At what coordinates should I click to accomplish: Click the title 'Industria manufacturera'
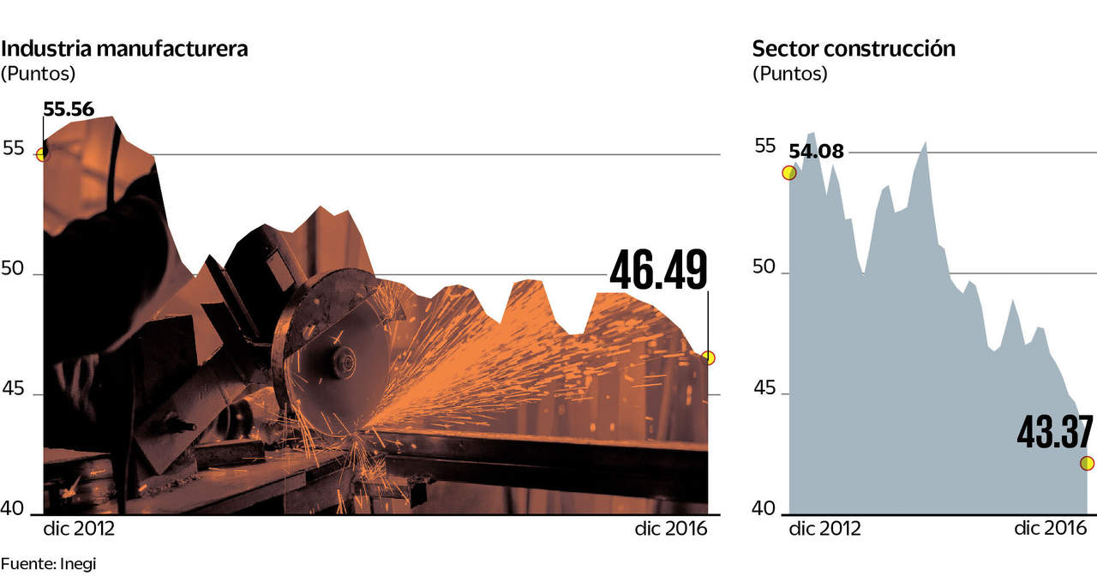[124, 49]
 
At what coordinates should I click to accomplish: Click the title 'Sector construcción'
[854, 49]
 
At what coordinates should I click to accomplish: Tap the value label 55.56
[69, 110]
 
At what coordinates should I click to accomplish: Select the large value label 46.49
[658, 270]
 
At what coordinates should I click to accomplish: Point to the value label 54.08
[816, 153]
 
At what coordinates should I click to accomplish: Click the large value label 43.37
[1055, 433]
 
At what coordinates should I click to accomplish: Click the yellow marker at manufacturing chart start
[42, 154]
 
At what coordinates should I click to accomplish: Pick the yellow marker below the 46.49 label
[708, 357]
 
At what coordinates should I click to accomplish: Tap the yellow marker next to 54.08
[789, 172]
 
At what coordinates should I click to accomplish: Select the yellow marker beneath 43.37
[1088, 464]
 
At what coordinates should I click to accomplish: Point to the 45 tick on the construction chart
[764, 390]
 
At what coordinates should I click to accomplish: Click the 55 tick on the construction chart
[764, 146]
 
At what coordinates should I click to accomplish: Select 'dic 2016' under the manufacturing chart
[671, 529]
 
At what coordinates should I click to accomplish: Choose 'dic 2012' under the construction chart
[824, 529]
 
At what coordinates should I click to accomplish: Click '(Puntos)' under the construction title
[790, 74]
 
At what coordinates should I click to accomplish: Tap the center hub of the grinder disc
[345, 363]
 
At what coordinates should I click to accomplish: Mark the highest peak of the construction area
[811, 133]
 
